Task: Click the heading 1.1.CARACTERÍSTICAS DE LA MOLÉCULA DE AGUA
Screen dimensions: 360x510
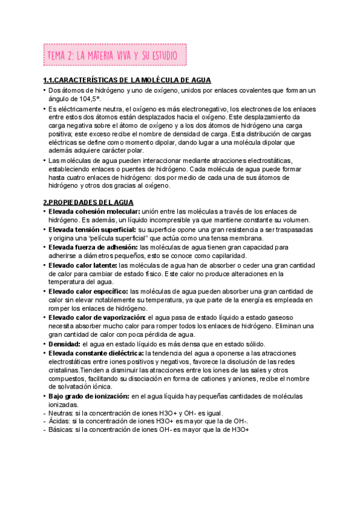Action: point(127,81)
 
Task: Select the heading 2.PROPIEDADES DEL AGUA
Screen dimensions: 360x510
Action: point(88,203)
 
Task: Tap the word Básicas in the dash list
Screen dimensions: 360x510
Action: point(60,431)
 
